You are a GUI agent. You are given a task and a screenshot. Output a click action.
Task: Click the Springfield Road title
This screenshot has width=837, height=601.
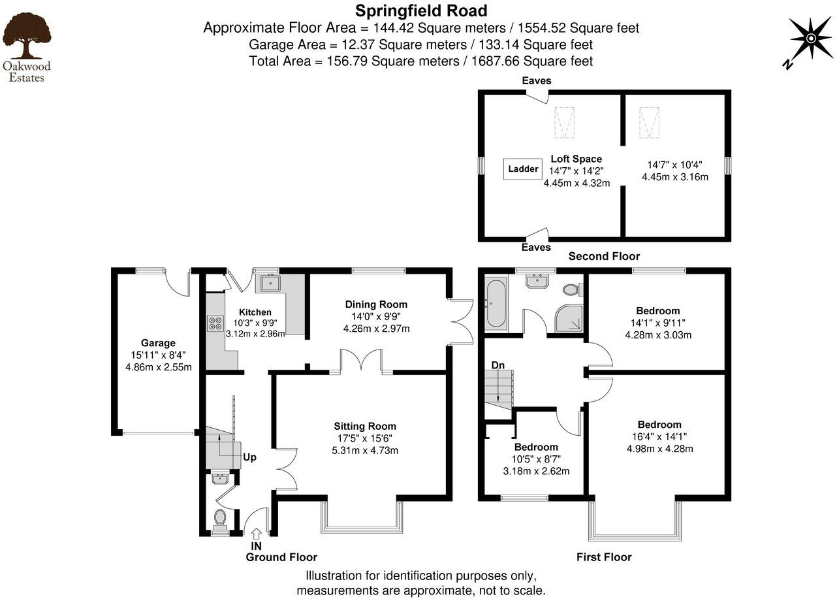click(421, 10)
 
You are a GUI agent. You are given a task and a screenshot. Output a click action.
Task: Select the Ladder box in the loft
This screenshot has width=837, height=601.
click(523, 169)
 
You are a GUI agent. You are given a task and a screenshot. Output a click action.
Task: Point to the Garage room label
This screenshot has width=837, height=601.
click(158, 343)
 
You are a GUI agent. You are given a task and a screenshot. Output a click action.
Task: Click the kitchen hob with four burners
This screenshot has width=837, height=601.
click(215, 323)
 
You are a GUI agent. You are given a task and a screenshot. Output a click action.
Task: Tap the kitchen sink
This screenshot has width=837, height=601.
click(270, 283)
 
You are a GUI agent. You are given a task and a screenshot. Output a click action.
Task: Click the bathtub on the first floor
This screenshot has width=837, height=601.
click(496, 304)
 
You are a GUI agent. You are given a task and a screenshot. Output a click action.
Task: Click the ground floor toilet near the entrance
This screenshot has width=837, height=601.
click(220, 519)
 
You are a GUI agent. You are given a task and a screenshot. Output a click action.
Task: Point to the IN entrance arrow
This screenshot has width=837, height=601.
click(256, 534)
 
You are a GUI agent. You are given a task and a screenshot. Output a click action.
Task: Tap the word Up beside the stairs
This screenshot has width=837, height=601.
click(249, 457)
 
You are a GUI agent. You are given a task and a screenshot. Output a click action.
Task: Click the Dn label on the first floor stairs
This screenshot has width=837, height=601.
click(498, 365)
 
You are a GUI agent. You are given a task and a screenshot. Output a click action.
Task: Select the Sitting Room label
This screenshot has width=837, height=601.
click(366, 426)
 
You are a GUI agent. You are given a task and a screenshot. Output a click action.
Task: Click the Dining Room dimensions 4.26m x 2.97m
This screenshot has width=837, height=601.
click(376, 329)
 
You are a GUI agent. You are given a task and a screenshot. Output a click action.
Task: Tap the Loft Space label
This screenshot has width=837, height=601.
click(576, 159)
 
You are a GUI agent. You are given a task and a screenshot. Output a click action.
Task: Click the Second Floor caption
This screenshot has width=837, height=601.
click(604, 256)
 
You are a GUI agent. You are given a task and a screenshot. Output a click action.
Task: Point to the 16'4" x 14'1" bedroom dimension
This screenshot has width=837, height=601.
click(659, 436)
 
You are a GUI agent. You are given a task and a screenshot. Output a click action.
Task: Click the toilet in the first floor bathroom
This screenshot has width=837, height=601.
click(571, 289)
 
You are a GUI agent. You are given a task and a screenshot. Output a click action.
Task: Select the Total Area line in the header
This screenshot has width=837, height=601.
click(421, 61)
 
